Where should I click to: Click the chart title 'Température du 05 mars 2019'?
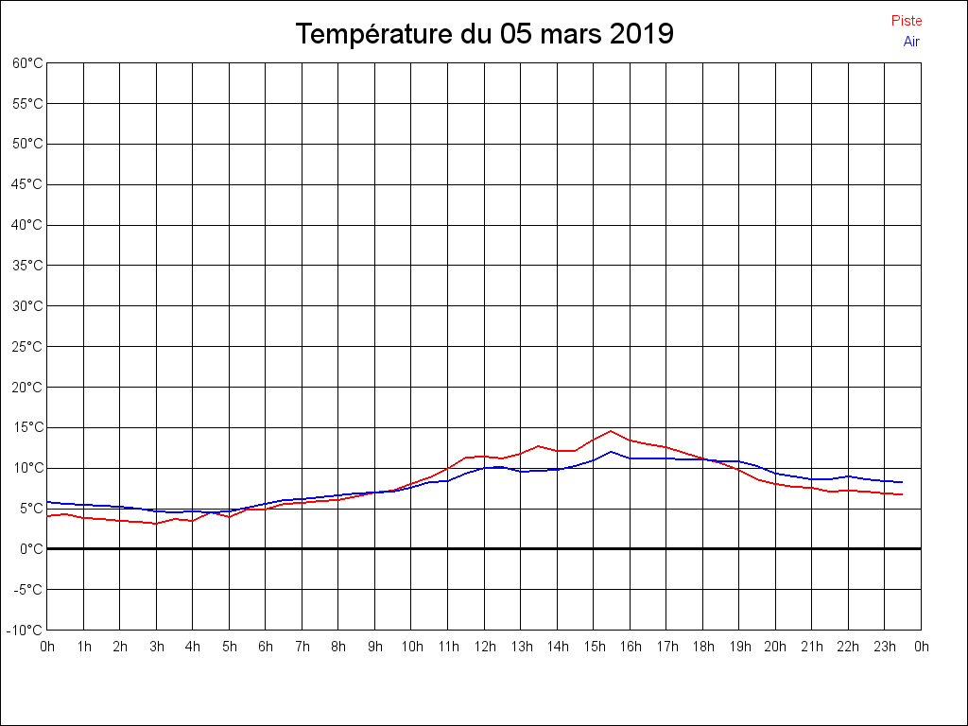point(484,34)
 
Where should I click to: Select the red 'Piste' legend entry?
point(906,21)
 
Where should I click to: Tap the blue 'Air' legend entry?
point(911,42)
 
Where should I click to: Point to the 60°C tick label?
point(27,63)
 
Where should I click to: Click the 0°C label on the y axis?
point(31,549)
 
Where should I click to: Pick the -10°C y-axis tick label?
point(26,631)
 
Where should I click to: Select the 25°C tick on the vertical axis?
point(27,347)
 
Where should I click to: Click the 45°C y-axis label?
point(27,184)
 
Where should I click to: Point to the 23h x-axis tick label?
point(885,648)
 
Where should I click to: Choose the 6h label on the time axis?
point(266,648)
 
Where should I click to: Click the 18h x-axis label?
point(703,648)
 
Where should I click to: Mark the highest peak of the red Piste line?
point(612,431)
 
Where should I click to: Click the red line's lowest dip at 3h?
point(157,524)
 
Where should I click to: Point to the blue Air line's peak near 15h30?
point(612,452)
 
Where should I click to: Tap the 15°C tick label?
point(27,427)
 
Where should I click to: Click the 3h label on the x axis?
point(157,648)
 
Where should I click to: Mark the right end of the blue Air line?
point(902,482)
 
